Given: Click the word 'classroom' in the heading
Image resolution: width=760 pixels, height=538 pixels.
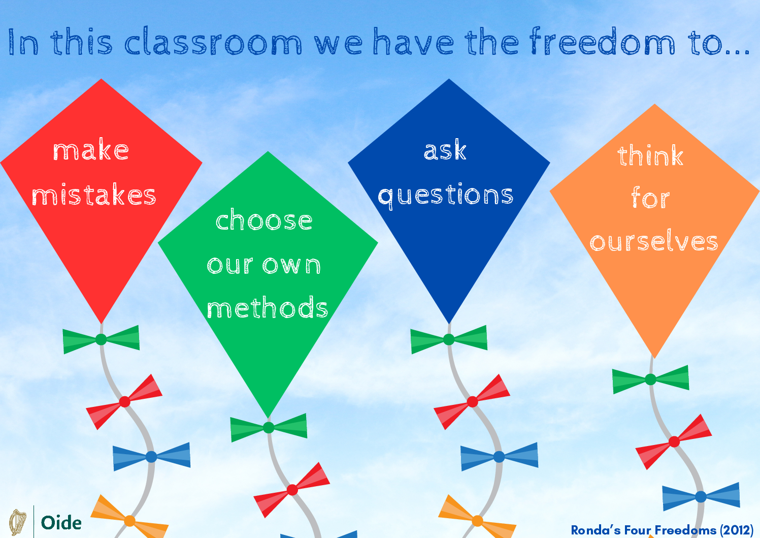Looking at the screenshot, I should click(x=213, y=42).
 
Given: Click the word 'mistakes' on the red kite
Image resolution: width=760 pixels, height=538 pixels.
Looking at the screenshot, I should click(x=94, y=195).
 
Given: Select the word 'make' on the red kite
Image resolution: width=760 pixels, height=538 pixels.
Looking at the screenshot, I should click(x=91, y=150).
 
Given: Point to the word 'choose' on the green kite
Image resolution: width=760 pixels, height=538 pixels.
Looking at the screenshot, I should click(x=264, y=220).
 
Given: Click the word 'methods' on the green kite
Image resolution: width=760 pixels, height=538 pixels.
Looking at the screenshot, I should click(x=267, y=308).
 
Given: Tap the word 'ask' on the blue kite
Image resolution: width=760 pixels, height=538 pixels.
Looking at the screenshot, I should click(x=445, y=150).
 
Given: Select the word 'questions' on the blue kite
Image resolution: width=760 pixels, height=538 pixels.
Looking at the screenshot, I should click(x=446, y=196).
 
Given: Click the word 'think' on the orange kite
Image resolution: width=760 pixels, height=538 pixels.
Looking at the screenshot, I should click(x=650, y=155).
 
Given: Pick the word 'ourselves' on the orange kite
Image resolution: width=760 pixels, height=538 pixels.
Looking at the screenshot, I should click(x=654, y=241).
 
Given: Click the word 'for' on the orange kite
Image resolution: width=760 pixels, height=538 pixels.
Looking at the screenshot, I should click(x=650, y=198).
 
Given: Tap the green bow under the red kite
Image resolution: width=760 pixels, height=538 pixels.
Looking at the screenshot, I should click(x=101, y=339).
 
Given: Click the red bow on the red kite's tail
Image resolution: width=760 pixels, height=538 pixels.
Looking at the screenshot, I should click(x=124, y=401).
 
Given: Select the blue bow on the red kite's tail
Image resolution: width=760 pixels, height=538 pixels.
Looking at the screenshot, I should click(x=151, y=456).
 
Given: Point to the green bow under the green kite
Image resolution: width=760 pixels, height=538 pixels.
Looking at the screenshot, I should click(x=269, y=427).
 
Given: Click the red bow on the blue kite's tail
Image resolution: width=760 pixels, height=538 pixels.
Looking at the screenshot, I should click(x=472, y=401).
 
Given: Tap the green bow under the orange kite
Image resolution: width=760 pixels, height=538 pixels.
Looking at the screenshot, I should click(x=651, y=379).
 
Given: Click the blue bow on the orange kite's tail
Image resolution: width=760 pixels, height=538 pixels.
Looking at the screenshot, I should click(x=701, y=496).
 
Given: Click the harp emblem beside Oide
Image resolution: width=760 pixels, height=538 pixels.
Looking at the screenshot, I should click(x=18, y=522).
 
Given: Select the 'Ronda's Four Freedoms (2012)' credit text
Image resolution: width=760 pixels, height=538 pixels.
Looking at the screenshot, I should click(x=662, y=530).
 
